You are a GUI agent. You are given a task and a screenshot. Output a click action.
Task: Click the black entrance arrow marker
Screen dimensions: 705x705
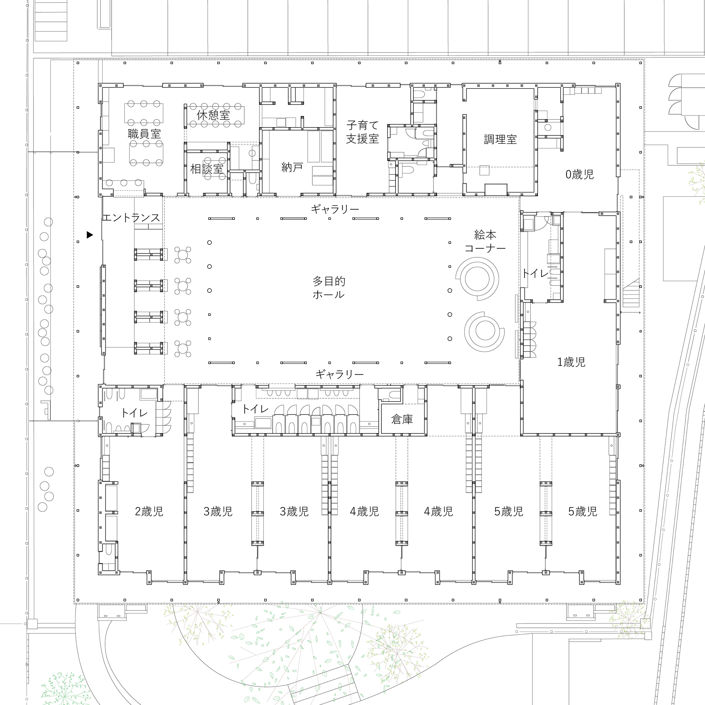[90, 235]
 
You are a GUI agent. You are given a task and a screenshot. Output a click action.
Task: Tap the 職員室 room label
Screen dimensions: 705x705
[144, 134]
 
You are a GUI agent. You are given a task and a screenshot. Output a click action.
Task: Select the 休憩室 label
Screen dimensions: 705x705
[214, 115]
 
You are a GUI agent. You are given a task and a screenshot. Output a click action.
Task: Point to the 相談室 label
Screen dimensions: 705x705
[207, 169]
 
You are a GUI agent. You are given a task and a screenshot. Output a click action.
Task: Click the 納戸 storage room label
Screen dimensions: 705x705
[292, 167]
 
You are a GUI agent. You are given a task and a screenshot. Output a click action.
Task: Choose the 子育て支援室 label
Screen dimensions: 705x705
[362, 132]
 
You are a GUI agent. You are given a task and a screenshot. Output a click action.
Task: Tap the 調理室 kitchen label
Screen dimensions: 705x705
[500, 139]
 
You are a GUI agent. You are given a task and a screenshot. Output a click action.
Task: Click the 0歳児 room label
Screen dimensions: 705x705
[580, 174]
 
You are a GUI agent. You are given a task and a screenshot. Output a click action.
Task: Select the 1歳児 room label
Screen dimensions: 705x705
[571, 362]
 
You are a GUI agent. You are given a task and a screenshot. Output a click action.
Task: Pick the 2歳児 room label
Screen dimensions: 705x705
[149, 511]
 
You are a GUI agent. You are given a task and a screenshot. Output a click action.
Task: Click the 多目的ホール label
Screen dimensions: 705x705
[329, 288]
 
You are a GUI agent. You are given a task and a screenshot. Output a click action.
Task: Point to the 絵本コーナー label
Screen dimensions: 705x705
[485, 241]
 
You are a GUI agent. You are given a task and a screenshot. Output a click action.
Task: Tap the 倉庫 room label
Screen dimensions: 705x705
[402, 419]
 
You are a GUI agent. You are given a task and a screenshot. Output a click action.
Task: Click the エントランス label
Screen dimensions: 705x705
[131, 218]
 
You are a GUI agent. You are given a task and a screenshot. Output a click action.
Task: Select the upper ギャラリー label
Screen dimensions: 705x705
[335, 209]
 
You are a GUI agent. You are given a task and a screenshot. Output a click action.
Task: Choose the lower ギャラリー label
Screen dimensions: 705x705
[339, 374]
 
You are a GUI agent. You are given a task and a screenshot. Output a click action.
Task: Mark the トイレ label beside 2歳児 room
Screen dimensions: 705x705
[134, 413]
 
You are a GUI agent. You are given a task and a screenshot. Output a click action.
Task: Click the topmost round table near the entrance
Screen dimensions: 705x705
[183, 255]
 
